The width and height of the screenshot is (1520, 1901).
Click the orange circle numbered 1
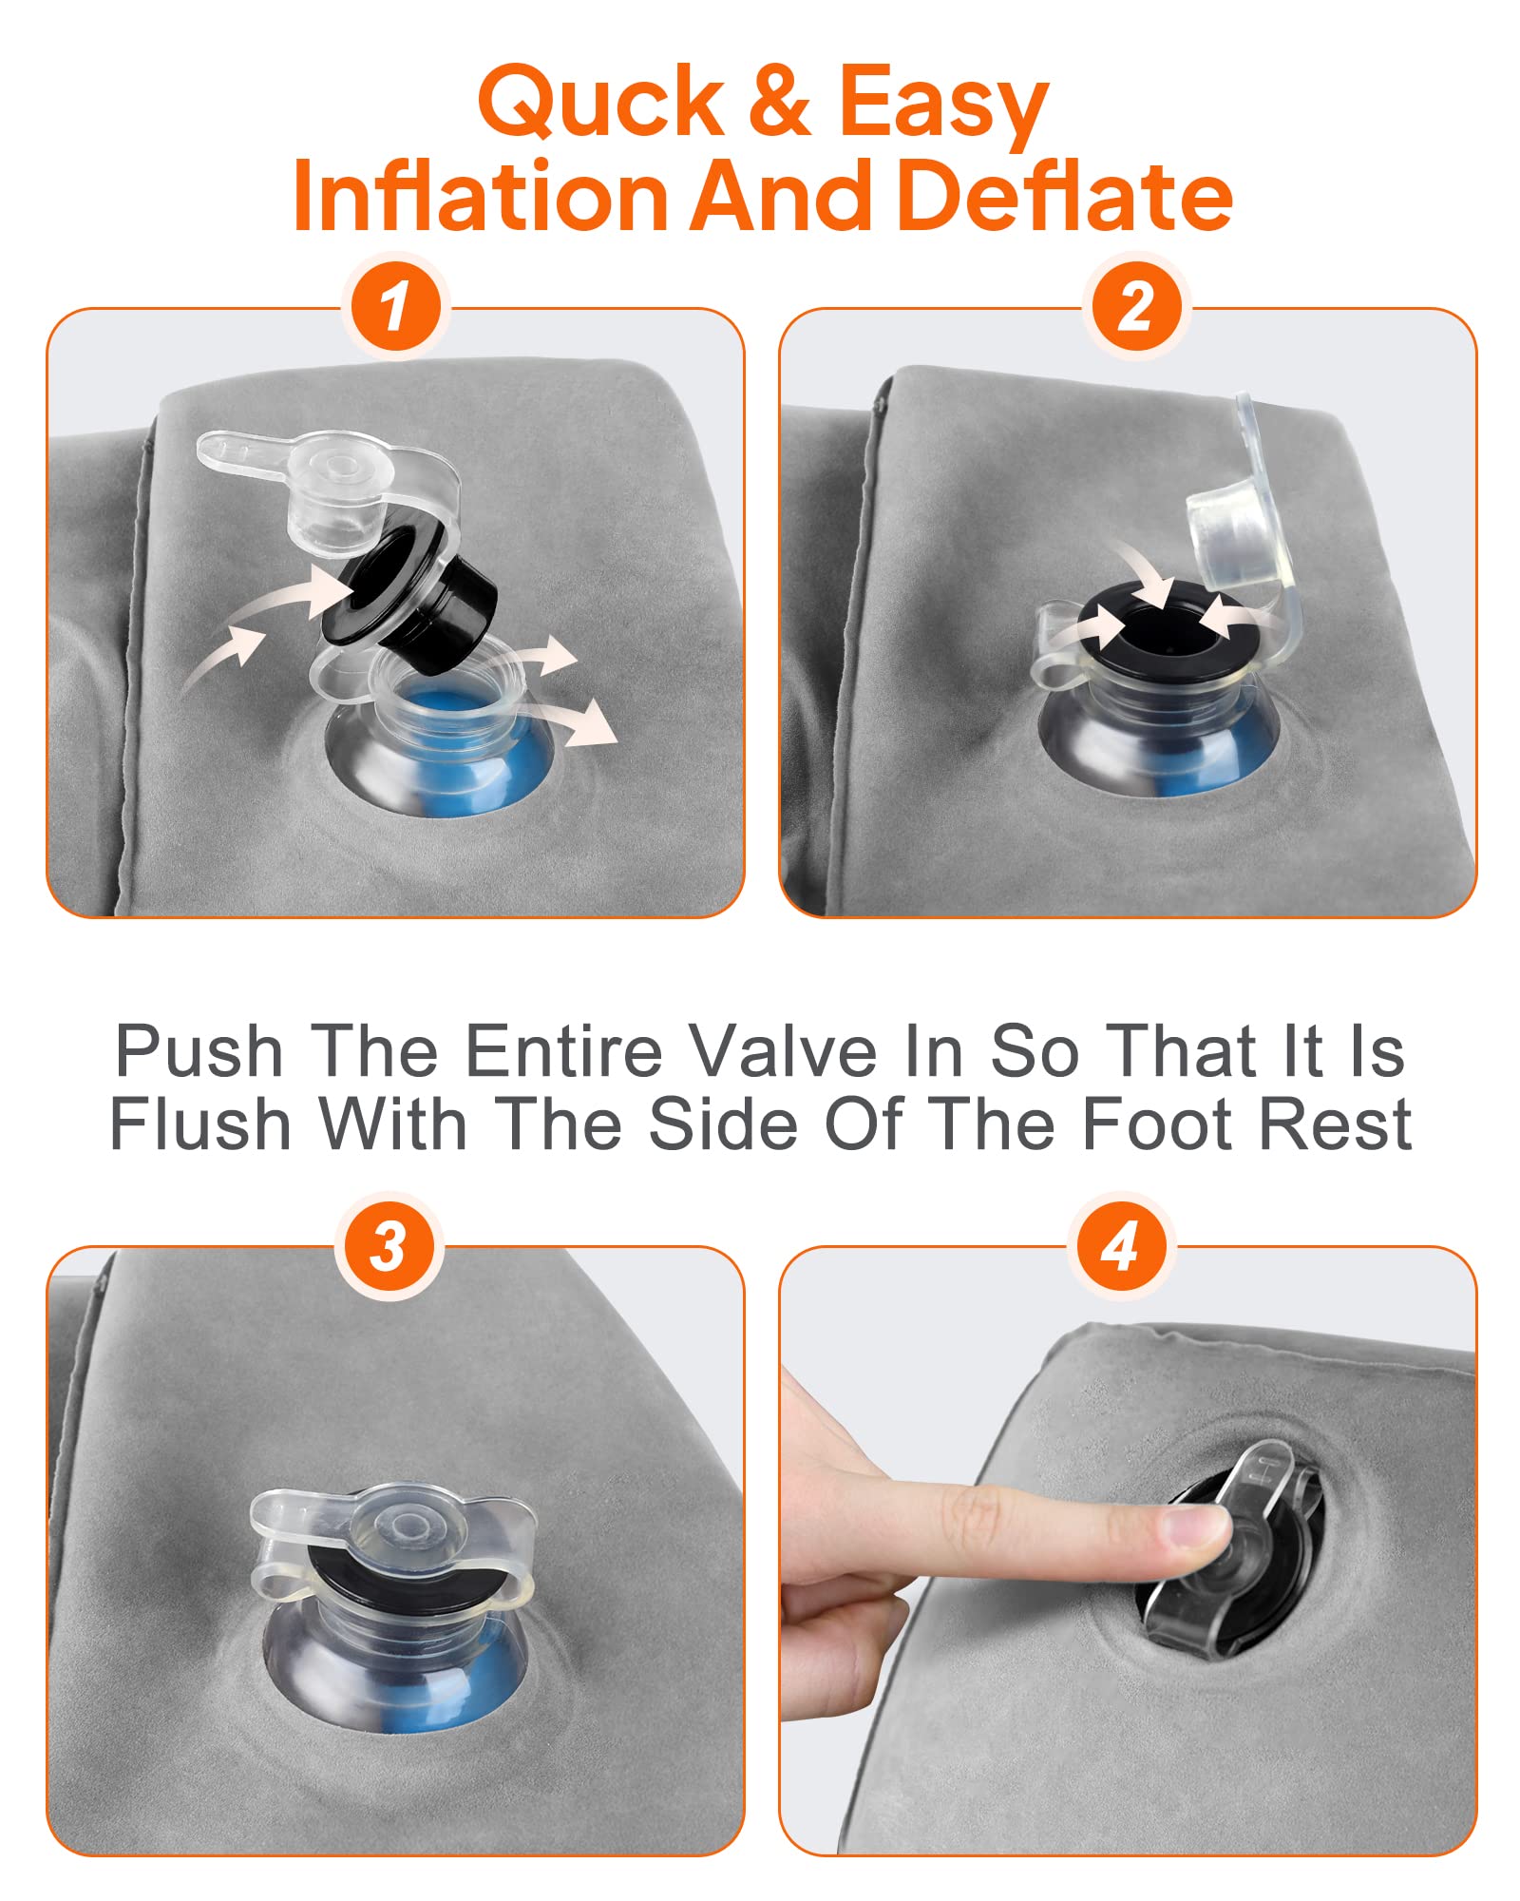tap(395, 307)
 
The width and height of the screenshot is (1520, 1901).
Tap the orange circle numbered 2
tap(1136, 307)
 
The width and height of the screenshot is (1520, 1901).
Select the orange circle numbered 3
tap(389, 1245)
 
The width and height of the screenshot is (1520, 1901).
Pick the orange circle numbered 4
tap(1121, 1245)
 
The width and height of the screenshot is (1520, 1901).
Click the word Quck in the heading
tap(601, 103)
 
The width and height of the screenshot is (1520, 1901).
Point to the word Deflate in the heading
tap(1064, 196)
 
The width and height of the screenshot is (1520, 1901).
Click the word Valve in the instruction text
tap(782, 1051)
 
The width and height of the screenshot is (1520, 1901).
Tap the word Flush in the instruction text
tap(200, 1123)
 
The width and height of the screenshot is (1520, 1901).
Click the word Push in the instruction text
tap(199, 1051)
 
